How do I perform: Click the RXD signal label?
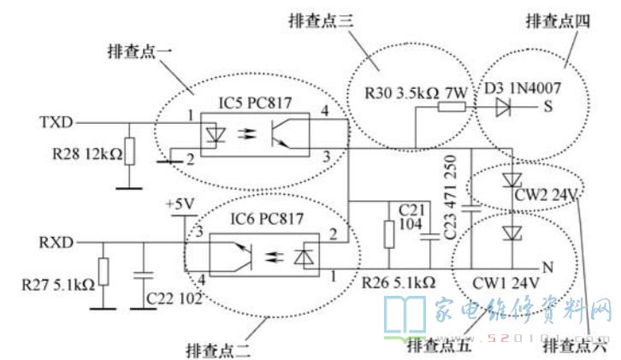[56, 242]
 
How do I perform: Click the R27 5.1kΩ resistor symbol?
[103, 271]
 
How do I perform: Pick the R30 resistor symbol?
[452, 107]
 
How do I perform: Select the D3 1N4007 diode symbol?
[504, 107]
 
